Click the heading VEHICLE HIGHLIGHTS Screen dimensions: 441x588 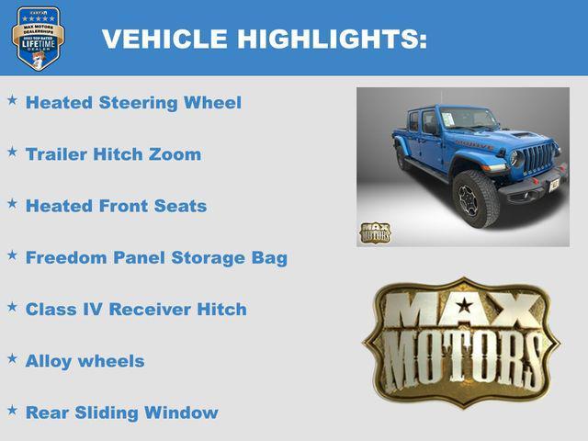pyautogui.click(x=264, y=39)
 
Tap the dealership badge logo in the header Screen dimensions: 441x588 pyautogui.click(x=38, y=39)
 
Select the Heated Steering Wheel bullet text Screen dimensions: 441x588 pyautogui.click(x=133, y=102)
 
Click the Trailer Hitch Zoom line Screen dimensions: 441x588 pyautogui.click(x=113, y=153)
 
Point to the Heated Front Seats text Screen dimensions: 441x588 pyautogui.click(x=116, y=206)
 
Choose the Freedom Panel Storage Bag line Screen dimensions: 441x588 pyautogui.click(x=156, y=257)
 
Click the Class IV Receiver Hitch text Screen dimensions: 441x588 pyautogui.click(x=136, y=309)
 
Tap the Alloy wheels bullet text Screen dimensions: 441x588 pyautogui.click(x=85, y=361)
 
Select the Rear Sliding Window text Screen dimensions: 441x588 pyautogui.click(x=121, y=413)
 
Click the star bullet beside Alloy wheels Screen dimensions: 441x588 pyautogui.click(x=12, y=358)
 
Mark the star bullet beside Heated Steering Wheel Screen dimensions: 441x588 pyautogui.click(x=12, y=99)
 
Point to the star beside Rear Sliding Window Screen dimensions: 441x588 pyautogui.click(x=12, y=410)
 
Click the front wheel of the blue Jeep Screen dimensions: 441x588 pyautogui.click(x=474, y=198)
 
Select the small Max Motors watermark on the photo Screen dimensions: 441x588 pyautogui.click(x=374, y=233)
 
